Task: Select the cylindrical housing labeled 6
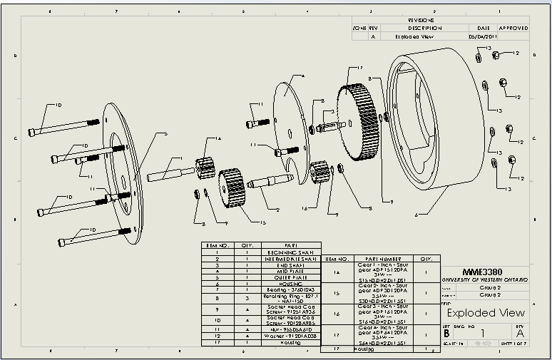tap(429, 121)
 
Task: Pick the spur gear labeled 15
tap(232, 187)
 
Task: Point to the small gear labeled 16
tap(320, 173)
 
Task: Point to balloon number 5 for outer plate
tap(165, 133)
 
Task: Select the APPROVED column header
tap(513, 28)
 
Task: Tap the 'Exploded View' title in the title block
tap(486, 312)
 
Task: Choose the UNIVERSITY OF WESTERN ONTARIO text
tap(485, 280)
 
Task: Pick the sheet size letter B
tap(446, 332)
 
